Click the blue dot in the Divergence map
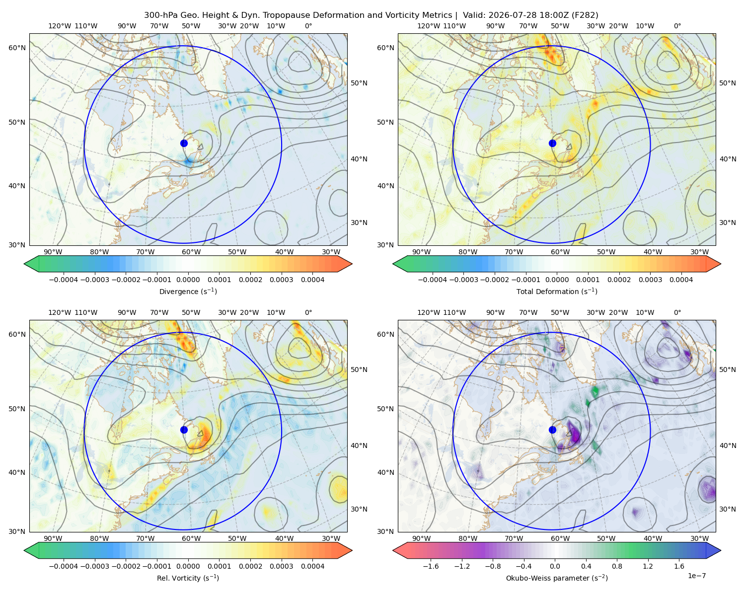pos(184,143)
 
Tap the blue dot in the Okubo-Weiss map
pos(552,430)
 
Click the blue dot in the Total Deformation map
pos(552,143)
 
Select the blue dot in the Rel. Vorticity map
pos(184,430)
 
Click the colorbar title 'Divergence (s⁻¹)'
pos(188,291)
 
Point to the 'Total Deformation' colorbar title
pos(557,291)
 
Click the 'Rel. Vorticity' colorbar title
pos(188,578)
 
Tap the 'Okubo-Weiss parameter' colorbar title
pos(557,578)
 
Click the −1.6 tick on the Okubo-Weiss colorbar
pos(431,566)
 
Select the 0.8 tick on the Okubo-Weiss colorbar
pos(617,566)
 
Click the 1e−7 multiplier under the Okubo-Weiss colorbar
pos(696,576)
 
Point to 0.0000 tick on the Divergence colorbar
pos(188,280)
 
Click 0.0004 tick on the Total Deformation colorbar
pos(681,280)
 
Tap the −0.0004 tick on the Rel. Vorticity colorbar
pos(64,566)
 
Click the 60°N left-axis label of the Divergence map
pos(17,48)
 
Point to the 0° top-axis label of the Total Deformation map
pos(677,26)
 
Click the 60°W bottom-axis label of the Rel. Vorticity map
pos(191,538)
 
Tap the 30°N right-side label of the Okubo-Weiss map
pos(728,509)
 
